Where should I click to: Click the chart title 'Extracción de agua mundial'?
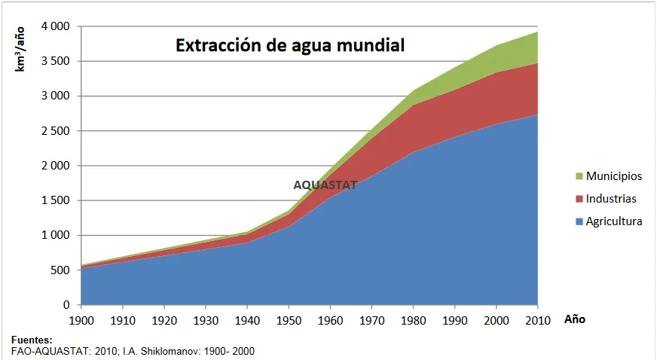(291, 45)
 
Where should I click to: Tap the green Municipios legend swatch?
(579, 176)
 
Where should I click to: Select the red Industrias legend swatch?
(579, 199)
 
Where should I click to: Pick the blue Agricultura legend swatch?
(579, 222)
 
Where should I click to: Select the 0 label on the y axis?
(66, 305)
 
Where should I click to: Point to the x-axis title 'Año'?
(574, 319)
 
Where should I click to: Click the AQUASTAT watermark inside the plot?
(325, 185)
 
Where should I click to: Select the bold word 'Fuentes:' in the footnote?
(32, 340)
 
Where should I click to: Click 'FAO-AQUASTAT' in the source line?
(47, 351)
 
